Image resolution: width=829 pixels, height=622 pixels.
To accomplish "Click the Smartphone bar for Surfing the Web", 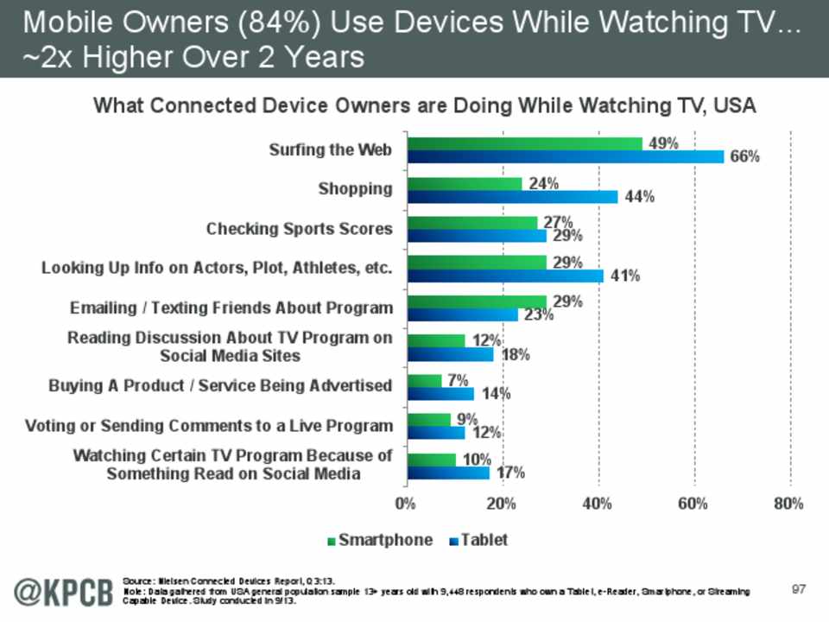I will pyautogui.click(x=525, y=143).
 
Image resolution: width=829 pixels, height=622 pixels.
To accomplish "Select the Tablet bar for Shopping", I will pyautogui.click(x=513, y=197).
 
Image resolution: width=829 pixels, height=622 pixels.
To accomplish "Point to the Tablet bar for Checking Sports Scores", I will pyautogui.click(x=477, y=236).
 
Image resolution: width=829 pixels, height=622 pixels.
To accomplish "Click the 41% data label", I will pyautogui.click(x=623, y=276).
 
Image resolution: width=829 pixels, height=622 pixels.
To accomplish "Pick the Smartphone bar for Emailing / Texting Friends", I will pyautogui.click(x=477, y=301).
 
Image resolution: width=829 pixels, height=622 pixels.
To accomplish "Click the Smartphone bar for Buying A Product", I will pyautogui.click(x=424, y=381).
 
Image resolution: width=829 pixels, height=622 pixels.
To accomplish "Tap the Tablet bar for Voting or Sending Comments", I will pyautogui.click(x=436, y=433).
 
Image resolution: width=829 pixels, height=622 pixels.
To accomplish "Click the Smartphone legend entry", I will pyautogui.click(x=379, y=541).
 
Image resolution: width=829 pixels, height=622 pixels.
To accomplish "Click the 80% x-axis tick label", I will pyautogui.click(x=789, y=504).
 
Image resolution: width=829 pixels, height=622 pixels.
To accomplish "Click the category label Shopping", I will pyautogui.click(x=355, y=188).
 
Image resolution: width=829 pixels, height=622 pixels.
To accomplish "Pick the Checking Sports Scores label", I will pyautogui.click(x=299, y=229).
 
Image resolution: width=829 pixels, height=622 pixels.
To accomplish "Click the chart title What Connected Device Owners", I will pyautogui.click(x=424, y=106).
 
